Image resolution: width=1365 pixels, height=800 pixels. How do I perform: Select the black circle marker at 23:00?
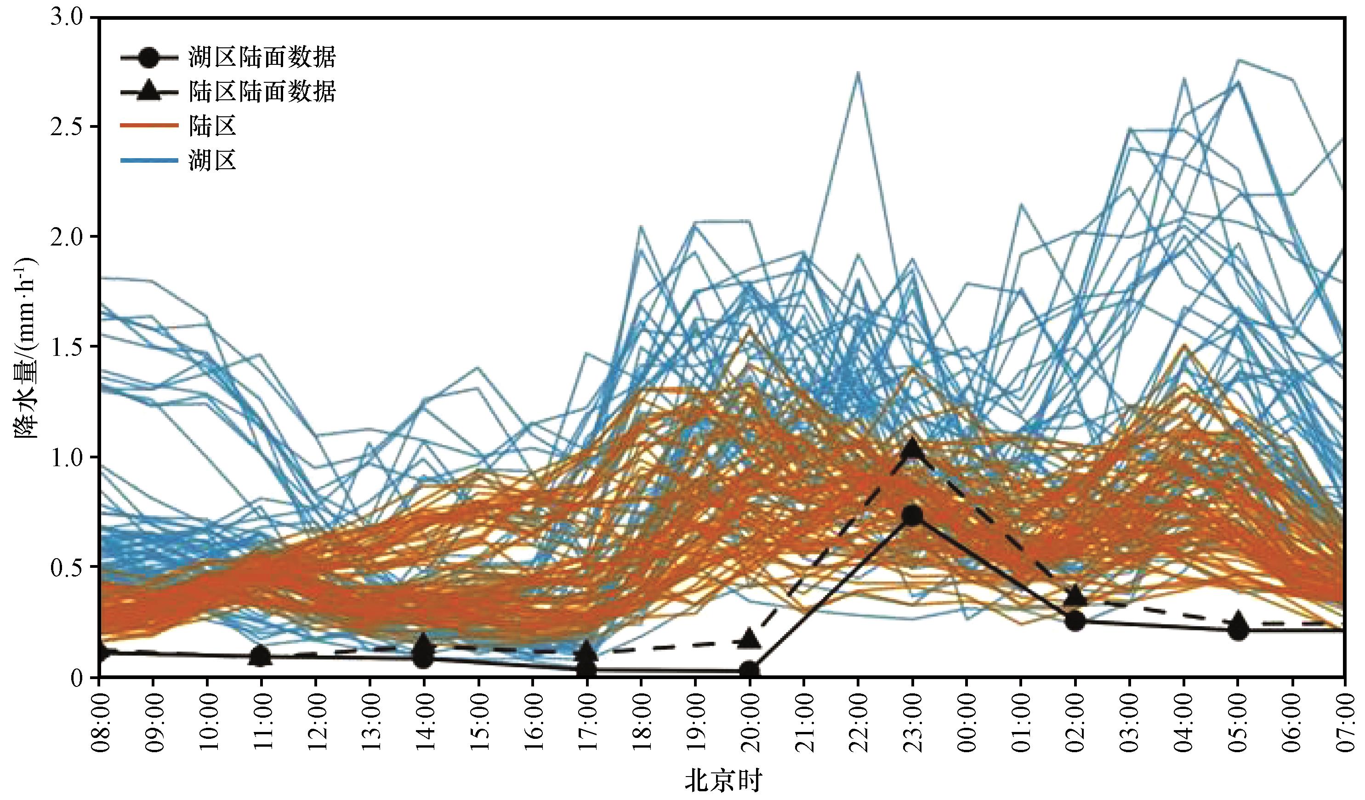[912, 515]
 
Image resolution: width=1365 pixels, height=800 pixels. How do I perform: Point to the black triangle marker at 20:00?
[750, 639]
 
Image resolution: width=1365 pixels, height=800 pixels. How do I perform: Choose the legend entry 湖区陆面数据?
[228, 57]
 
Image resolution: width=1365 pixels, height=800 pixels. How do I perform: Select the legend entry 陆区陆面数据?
[228, 91]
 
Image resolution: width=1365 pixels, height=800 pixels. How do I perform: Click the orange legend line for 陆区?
[149, 126]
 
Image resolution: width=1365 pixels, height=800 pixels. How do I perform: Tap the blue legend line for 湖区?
[149, 160]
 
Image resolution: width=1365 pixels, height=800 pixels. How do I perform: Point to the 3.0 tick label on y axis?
[67, 17]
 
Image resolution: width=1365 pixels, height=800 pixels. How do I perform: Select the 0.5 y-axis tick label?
[67, 567]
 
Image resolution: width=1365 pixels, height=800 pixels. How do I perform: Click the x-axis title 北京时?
[723, 781]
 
